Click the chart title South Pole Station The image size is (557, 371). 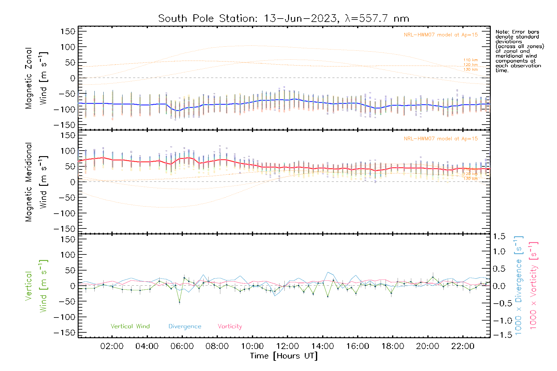point(283,19)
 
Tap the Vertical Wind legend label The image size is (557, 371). point(130,326)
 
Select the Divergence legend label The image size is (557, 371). point(185,326)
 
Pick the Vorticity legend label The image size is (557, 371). point(230,326)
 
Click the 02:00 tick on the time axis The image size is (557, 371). point(112,346)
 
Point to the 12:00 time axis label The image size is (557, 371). point(287,346)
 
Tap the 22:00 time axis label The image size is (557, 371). point(463,346)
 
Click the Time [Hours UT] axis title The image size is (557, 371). point(284,356)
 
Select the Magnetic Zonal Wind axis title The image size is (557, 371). point(36,78)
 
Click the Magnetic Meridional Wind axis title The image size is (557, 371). point(36,182)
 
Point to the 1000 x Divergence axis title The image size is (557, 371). point(519,285)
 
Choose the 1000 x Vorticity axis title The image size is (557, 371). point(533,285)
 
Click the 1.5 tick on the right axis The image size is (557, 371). point(499,237)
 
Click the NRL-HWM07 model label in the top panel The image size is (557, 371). point(441,35)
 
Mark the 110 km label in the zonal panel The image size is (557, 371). point(470,60)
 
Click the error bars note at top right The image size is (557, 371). point(519,51)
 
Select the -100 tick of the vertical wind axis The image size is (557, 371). point(64,317)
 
